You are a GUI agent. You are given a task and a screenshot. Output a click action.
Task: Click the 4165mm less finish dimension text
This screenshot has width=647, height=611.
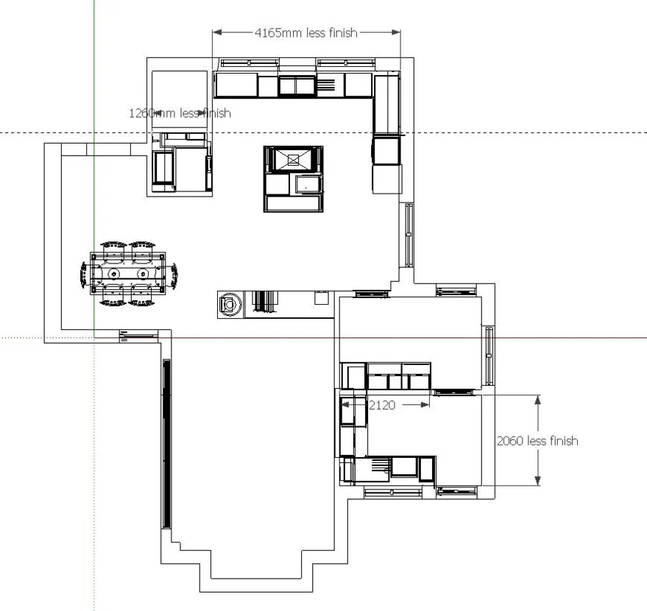click(x=305, y=32)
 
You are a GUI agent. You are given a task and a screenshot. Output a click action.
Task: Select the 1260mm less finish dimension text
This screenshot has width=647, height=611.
click(x=180, y=113)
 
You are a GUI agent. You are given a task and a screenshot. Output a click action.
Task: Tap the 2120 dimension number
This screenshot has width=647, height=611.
click(x=382, y=405)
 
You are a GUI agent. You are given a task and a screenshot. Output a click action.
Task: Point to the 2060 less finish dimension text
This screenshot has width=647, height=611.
click(x=537, y=441)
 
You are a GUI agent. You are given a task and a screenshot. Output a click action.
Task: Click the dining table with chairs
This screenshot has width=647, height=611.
click(x=129, y=274)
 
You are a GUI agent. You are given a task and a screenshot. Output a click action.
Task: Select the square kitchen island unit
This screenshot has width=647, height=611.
click(x=294, y=179)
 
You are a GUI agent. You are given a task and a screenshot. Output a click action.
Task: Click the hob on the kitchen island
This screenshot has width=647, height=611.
click(x=293, y=160)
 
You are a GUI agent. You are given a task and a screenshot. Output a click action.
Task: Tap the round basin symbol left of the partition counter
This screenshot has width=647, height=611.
click(x=230, y=305)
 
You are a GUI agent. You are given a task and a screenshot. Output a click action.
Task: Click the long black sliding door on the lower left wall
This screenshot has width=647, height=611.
click(x=166, y=443)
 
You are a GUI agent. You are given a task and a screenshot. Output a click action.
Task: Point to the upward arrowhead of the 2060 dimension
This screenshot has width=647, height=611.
click(x=537, y=400)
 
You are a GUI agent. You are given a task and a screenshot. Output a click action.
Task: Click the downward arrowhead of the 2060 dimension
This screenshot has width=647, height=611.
click(x=537, y=481)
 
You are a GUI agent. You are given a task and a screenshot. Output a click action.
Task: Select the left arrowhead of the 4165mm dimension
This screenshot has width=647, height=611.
click(x=217, y=32)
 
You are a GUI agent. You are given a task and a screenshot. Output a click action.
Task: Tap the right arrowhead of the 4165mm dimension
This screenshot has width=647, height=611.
click(x=396, y=32)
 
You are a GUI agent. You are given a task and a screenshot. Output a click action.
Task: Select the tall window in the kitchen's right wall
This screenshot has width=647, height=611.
click(x=409, y=235)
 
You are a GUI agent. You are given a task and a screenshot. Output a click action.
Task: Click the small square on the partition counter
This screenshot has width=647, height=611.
click(x=322, y=298)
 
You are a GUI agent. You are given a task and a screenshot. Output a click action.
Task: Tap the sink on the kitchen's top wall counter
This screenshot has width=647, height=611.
click(x=297, y=86)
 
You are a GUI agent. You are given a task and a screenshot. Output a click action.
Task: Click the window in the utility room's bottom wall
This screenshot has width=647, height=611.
click(x=393, y=492)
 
